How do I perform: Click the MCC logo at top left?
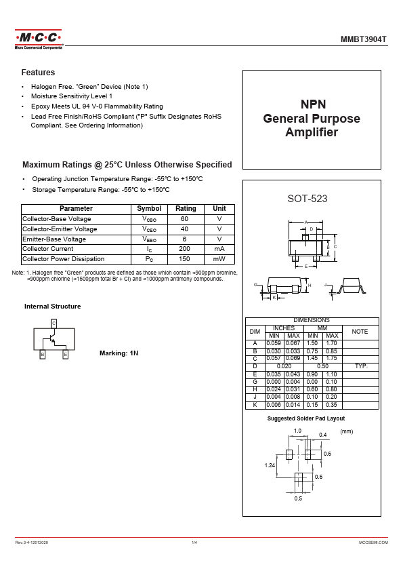pyautogui.click(x=39, y=39)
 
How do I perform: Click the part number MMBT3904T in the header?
pyautogui.click(x=363, y=39)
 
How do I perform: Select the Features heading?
pyautogui.click(x=38, y=73)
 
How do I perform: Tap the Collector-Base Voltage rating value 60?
pyautogui.click(x=184, y=219)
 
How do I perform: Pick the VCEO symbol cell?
pyautogui.click(x=149, y=229)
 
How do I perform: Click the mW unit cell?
pyautogui.click(x=219, y=259)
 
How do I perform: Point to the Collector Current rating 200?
pyautogui.click(x=184, y=249)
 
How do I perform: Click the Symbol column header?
pyautogui.click(x=149, y=209)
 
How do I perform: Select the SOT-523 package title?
pyautogui.click(x=307, y=199)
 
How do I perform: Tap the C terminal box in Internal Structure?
pyautogui.click(x=54, y=323)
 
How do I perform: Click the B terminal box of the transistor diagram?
pyautogui.click(x=43, y=354)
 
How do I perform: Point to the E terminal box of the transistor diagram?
pyautogui.click(x=66, y=354)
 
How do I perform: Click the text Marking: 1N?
pyautogui.click(x=119, y=353)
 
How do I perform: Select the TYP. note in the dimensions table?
pyautogui.click(x=361, y=366)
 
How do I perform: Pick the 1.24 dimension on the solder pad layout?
pyautogui.click(x=270, y=465)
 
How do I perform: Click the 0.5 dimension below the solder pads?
pyautogui.click(x=298, y=498)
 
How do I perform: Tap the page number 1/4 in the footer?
pyautogui.click(x=194, y=543)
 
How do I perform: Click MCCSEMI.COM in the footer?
pyautogui.click(x=374, y=543)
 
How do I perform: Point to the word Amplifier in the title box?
pyautogui.click(x=312, y=132)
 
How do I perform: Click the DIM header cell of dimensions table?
pyautogui.click(x=255, y=332)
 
